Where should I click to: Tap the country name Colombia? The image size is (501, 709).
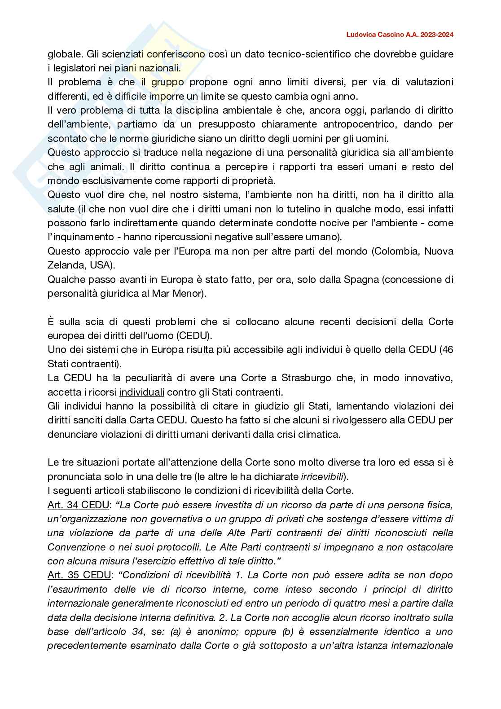click(396, 251)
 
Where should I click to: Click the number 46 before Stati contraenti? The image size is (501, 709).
click(447, 350)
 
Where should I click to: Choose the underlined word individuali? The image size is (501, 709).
click(142, 392)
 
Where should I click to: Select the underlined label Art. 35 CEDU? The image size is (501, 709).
click(79, 575)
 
